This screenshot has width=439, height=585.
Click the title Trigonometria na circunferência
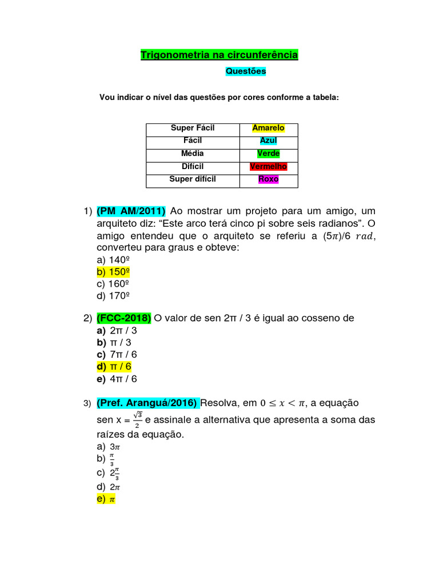click(x=219, y=55)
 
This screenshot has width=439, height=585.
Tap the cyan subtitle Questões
click(x=246, y=71)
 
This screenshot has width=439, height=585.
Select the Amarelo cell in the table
click(x=268, y=128)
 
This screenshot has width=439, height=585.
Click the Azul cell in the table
click(x=268, y=141)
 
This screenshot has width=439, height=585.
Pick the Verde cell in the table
click(x=268, y=154)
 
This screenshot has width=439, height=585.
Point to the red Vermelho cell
click(x=268, y=167)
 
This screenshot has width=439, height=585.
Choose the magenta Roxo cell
click(x=268, y=179)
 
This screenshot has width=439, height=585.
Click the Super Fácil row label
click(x=193, y=128)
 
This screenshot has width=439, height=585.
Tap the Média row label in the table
click(x=193, y=154)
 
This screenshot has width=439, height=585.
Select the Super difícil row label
click(x=193, y=179)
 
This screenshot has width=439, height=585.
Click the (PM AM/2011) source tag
click(x=131, y=211)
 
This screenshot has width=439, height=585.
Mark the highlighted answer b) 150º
click(x=113, y=271)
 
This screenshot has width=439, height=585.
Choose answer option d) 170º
click(x=113, y=295)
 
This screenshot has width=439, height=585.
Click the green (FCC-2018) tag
click(x=124, y=318)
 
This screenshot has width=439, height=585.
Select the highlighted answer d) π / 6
click(x=117, y=366)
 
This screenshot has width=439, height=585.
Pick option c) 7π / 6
click(x=117, y=354)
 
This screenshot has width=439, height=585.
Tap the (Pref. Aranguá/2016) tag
click(x=147, y=403)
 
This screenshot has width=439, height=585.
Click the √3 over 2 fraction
click(x=138, y=419)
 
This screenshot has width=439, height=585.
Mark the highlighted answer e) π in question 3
click(x=106, y=499)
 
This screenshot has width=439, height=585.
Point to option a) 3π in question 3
click(x=107, y=446)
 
